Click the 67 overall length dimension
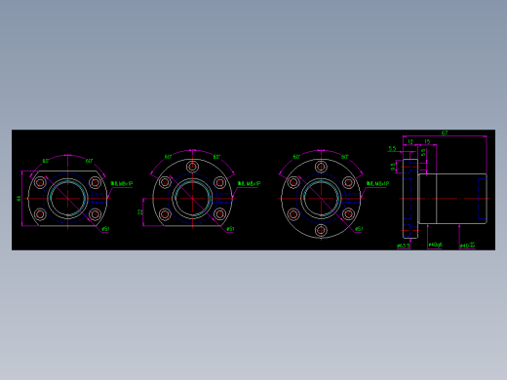(445, 133)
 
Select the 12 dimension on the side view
(410, 141)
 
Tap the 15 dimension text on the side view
(427, 141)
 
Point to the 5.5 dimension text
(392, 149)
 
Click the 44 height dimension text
(19, 198)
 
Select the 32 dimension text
(140, 211)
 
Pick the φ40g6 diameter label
(436, 245)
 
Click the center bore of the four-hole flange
(67, 199)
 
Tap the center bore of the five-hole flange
(192, 199)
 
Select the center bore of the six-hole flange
(321, 199)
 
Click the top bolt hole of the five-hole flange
(192, 167)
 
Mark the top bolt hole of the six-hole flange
(321, 167)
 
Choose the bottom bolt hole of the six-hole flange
(321, 231)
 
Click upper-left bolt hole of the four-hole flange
(40, 182)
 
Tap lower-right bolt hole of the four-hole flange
(95, 214)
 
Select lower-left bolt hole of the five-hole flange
(165, 214)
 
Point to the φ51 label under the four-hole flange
(105, 230)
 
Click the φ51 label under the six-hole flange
(359, 230)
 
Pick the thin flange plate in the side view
(409, 199)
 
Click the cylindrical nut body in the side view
(452, 199)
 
